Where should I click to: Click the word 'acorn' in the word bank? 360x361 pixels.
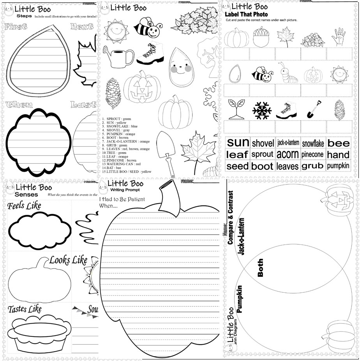pyautogui.click(x=288, y=154)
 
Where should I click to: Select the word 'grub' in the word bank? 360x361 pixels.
pyautogui.click(x=312, y=166)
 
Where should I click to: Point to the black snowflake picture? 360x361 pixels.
pyautogui.click(x=261, y=111)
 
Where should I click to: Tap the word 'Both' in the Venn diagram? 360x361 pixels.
pyautogui.click(x=260, y=268)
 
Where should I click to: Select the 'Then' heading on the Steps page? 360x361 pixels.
pyautogui.click(x=19, y=105)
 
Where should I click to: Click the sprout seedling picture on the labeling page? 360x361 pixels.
pyautogui.click(x=236, y=109)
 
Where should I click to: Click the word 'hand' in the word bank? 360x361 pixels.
pyautogui.click(x=338, y=155)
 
